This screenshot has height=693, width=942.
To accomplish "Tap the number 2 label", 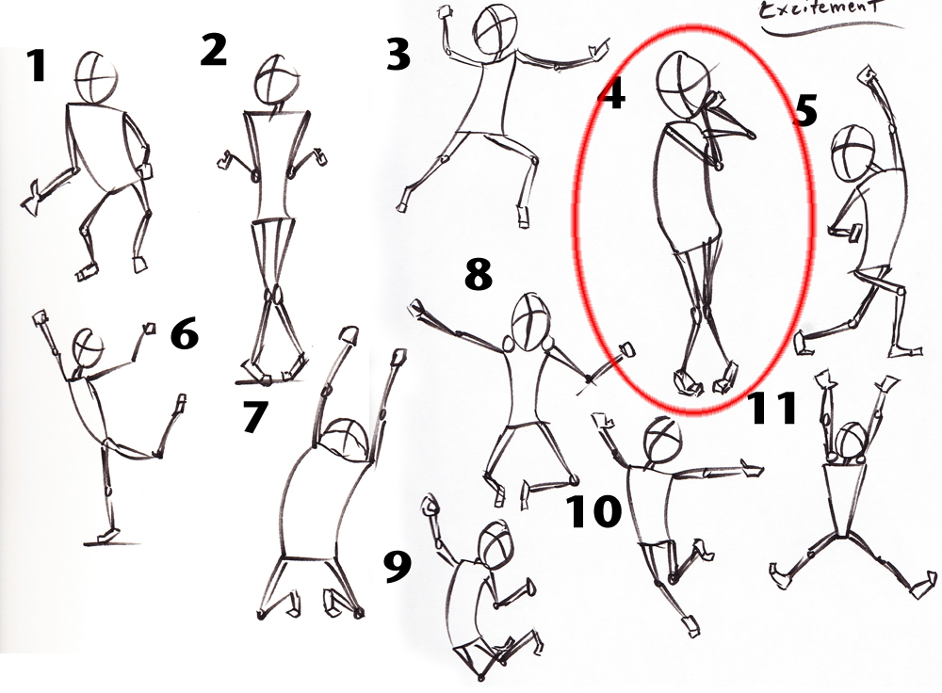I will coord(214,49).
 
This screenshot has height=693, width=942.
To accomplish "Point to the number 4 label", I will coord(613,94).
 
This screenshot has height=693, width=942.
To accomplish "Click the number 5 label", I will coord(804,110).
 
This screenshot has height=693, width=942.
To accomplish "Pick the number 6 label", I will coord(185,333).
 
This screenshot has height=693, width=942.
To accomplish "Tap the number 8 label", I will coord(478,274).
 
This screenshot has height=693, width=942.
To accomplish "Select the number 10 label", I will coord(593,511).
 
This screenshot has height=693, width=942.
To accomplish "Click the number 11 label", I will coord(772,408).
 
